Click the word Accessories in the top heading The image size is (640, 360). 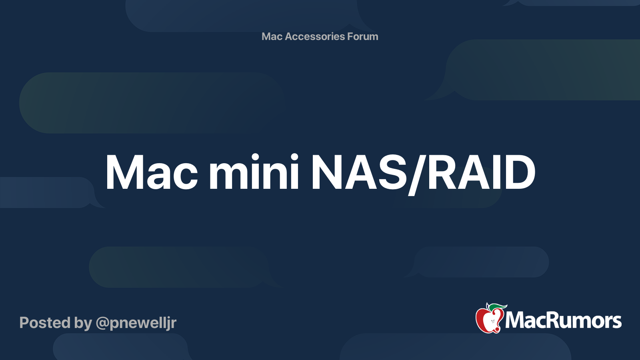click(x=314, y=36)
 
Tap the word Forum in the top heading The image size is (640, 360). click(x=362, y=36)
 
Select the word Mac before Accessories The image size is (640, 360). click(x=272, y=36)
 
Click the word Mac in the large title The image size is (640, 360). click(x=151, y=173)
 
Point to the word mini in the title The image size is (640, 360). click(x=254, y=173)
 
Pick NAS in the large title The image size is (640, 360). click(x=359, y=173)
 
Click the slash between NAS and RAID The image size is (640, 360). click(x=418, y=174)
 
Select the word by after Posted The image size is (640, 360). click(x=83, y=323)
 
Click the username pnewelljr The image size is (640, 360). click(x=143, y=323)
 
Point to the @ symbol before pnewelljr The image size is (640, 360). click(x=102, y=323)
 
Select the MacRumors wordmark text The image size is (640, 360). click(x=563, y=320)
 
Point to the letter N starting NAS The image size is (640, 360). click(x=326, y=173)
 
